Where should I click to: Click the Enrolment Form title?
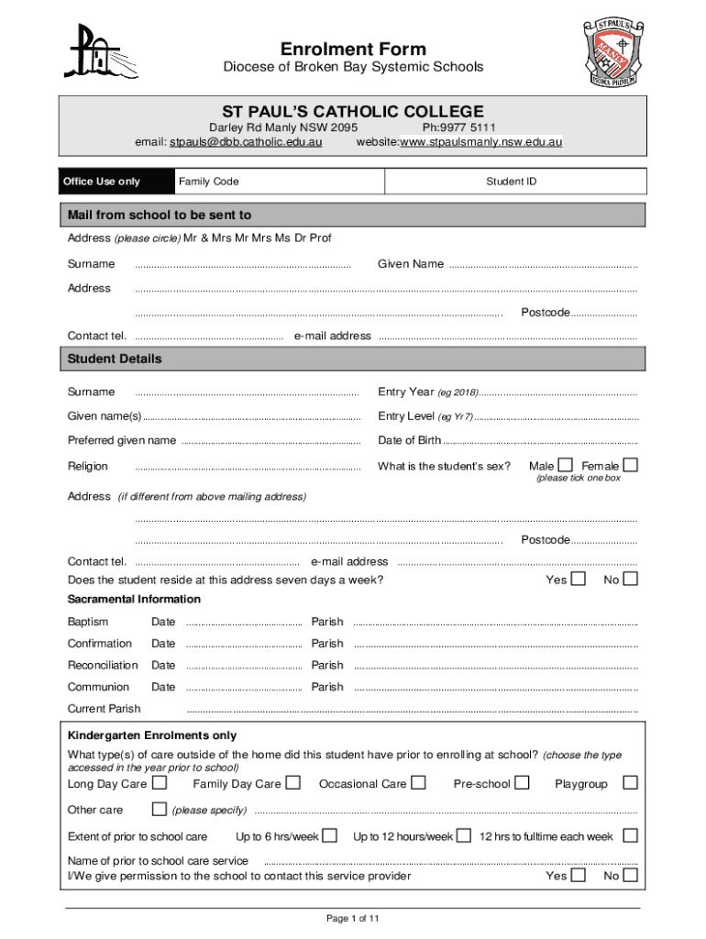coord(353,49)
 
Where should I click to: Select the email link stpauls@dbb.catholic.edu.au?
coord(247,142)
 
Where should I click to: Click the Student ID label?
coord(512,182)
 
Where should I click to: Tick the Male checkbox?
coord(566,465)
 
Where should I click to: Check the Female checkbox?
coord(630,465)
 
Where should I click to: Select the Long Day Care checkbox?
coord(160,783)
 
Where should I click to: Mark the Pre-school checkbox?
coord(522,783)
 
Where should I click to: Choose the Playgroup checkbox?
coord(630,783)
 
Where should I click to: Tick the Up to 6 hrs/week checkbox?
coord(330,835)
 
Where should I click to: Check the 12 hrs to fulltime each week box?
coord(630,835)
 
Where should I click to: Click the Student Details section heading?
coord(115,359)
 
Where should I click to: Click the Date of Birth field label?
coord(409,441)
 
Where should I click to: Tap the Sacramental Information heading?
coord(134,599)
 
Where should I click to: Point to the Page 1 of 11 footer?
coord(352,918)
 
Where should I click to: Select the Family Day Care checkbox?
coord(292,783)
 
